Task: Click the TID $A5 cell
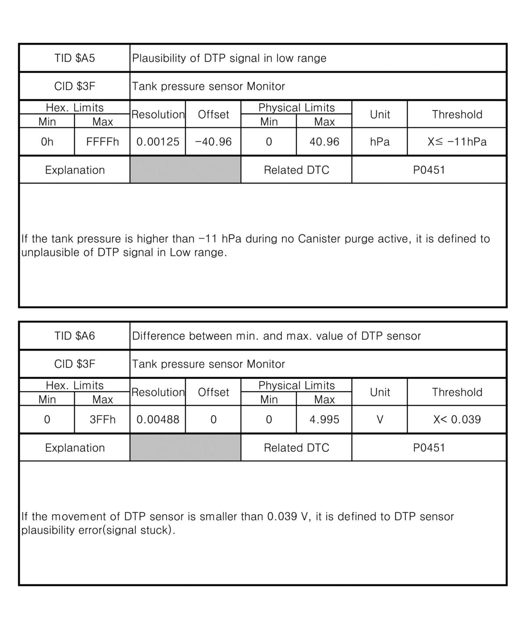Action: pos(75,58)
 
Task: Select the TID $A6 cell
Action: pos(75,336)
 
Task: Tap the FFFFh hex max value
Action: pos(103,142)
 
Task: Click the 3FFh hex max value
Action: pos(103,420)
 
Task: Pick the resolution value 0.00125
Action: pos(158,142)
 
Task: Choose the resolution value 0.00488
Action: pos(158,420)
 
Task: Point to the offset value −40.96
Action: pos(213,142)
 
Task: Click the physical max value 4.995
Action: pos(324,420)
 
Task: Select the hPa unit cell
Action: pos(380,142)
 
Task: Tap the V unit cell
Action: pos(380,420)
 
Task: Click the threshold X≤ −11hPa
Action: pos(457,142)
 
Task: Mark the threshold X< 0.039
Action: pos(457,420)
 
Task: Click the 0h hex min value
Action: pos(47,142)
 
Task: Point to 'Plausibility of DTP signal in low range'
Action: pos(229,58)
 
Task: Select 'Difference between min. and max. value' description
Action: pos(276,336)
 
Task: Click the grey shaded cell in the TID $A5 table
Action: pos(185,170)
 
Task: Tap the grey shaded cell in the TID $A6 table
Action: pos(185,448)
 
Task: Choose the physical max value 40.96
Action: pos(324,142)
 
